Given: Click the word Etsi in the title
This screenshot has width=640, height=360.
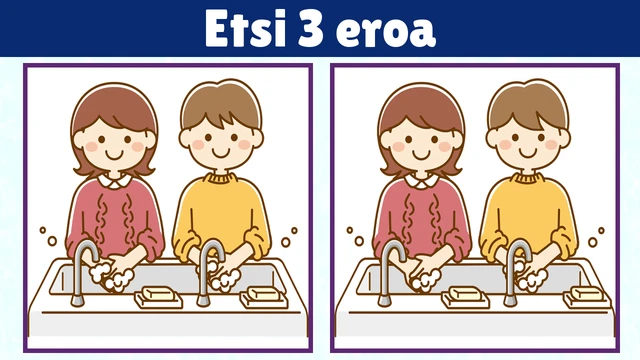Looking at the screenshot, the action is [x=245, y=28].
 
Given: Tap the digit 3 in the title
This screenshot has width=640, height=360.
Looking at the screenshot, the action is [x=311, y=29].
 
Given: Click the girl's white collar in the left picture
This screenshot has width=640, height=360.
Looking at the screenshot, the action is [x=114, y=180].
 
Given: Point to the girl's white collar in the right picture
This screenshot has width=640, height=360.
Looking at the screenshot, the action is [x=421, y=180].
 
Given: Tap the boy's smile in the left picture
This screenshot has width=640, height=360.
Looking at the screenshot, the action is [x=221, y=153].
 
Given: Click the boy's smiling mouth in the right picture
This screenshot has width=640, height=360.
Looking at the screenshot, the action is [x=528, y=153].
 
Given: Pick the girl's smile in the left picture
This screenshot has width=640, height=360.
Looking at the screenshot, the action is [x=114, y=155].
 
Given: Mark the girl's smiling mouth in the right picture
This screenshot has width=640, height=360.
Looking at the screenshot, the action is [x=421, y=155].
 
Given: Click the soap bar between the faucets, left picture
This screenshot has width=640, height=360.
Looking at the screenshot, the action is [x=158, y=296].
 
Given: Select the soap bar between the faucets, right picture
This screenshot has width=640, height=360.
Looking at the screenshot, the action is [x=465, y=296].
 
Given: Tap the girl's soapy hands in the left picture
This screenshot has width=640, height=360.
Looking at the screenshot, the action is [x=112, y=273].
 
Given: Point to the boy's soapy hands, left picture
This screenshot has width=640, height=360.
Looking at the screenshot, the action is [x=220, y=273].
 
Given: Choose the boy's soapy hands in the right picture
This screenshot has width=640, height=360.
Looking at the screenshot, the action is [x=527, y=273].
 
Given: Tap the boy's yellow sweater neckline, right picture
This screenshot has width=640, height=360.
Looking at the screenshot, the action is [x=527, y=178].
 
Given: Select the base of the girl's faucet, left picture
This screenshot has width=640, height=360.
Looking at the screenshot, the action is [x=78, y=301].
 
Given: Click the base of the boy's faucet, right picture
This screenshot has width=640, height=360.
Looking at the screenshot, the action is [x=510, y=301].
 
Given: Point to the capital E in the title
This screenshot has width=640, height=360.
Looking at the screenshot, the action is [x=216, y=28].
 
